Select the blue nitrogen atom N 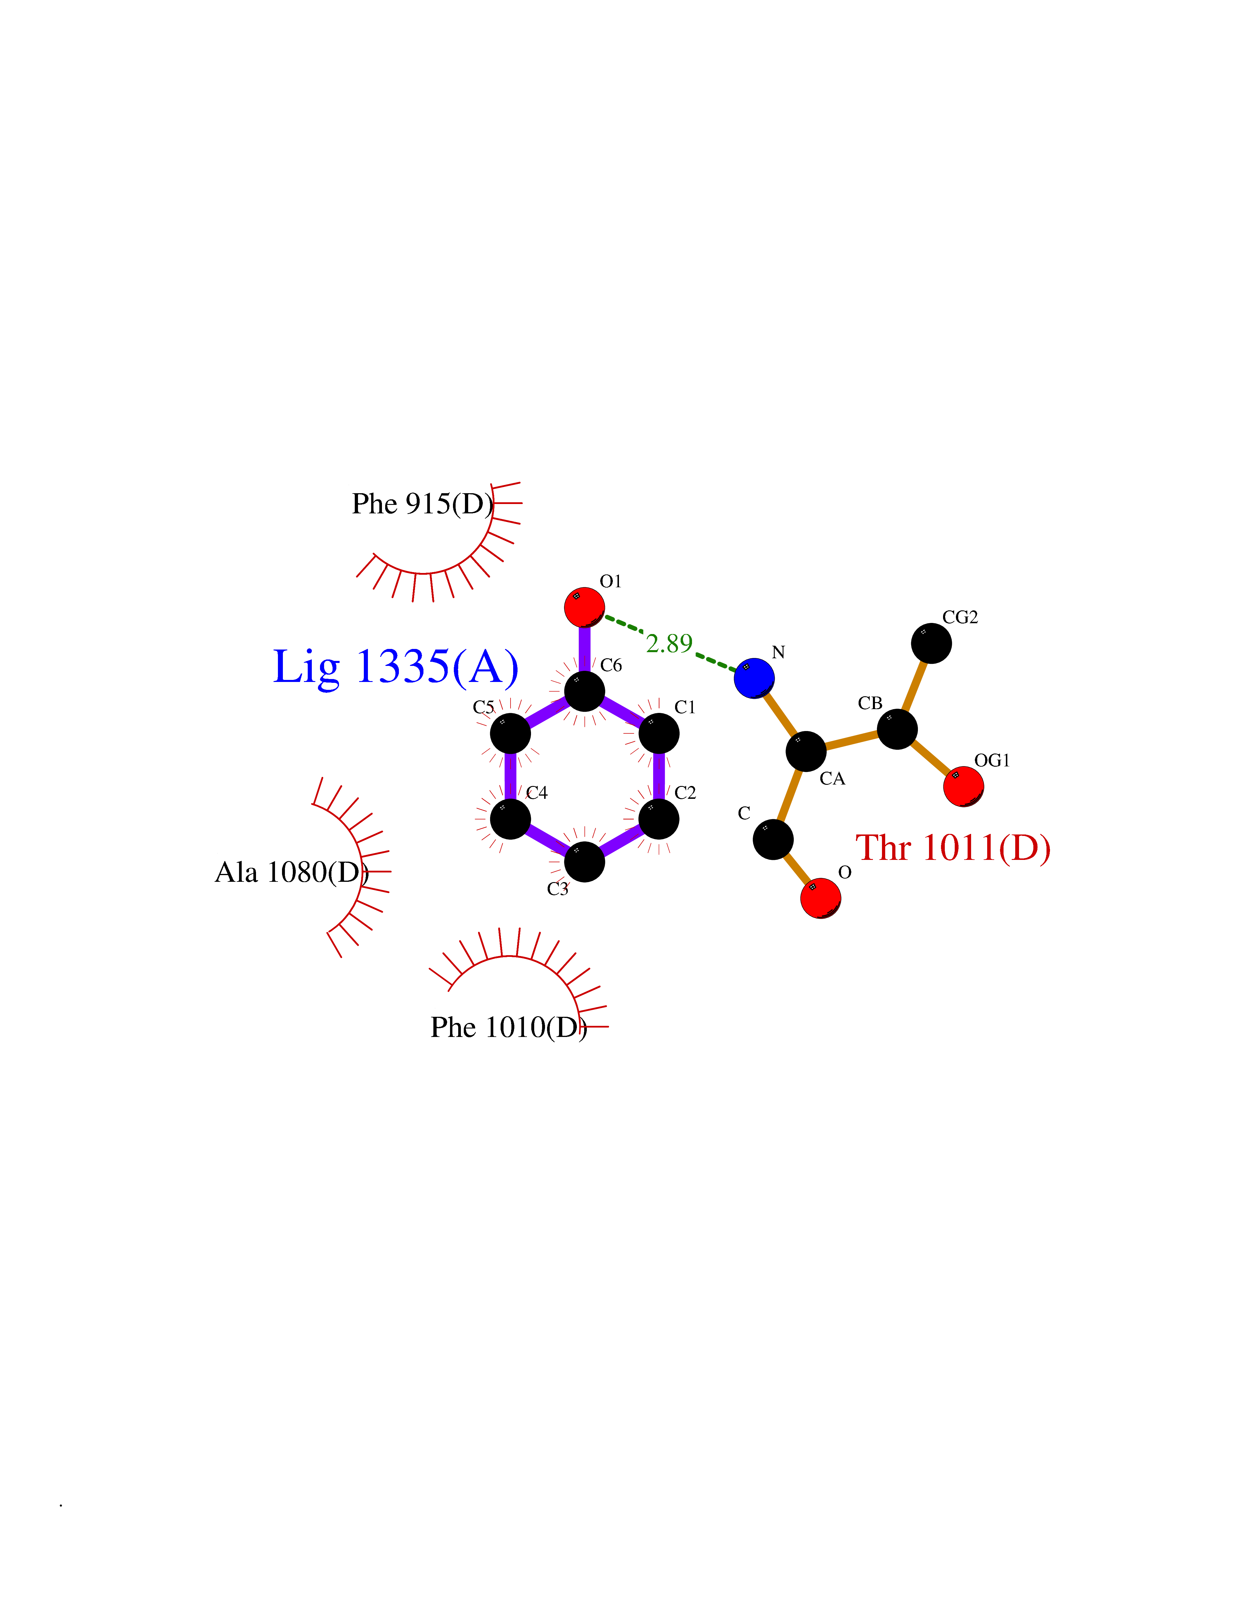[x=754, y=678]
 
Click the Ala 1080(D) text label [x=291, y=873]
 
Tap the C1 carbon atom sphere [x=658, y=734]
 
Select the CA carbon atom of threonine [x=806, y=751]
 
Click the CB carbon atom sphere [x=897, y=729]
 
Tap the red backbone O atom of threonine [x=820, y=898]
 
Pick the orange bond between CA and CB [x=851, y=740]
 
